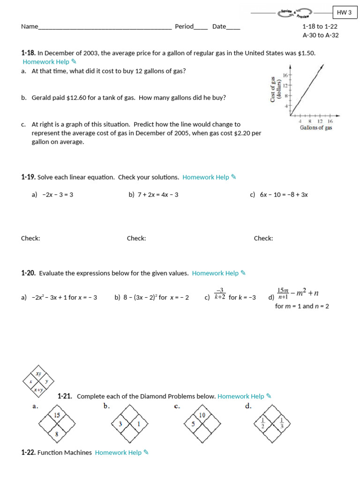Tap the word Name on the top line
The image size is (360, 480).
click(29, 27)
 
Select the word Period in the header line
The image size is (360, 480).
click(184, 27)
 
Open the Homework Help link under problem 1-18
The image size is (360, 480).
click(46, 62)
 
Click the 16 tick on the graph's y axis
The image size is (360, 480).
click(285, 75)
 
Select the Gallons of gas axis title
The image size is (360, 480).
click(316, 127)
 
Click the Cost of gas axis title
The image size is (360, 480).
click(275, 90)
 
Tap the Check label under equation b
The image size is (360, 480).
click(136, 239)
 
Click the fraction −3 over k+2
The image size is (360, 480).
click(220, 293)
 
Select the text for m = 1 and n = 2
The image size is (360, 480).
click(302, 307)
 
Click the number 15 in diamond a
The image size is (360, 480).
click(57, 415)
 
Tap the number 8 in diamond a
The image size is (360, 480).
click(57, 434)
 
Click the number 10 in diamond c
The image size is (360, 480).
click(202, 415)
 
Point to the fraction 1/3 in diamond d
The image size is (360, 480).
click(282, 423)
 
